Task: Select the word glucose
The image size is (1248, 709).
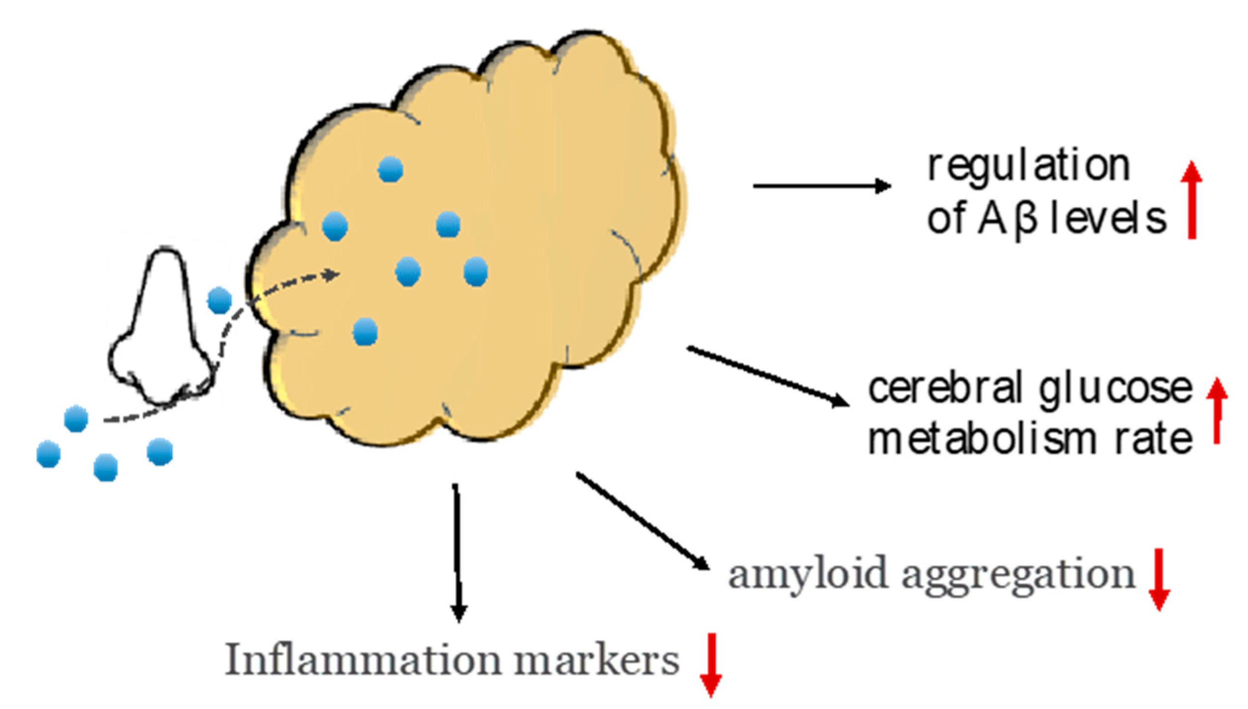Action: point(1115,388)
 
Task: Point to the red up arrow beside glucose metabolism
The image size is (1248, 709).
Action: point(1217,410)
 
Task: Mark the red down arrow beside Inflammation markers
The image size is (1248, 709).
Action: point(710,665)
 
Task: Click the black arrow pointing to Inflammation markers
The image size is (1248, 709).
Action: point(457,551)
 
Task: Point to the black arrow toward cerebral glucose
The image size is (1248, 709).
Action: point(767,376)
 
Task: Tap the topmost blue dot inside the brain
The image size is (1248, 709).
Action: point(391,170)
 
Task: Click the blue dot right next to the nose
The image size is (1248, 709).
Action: point(219,300)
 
